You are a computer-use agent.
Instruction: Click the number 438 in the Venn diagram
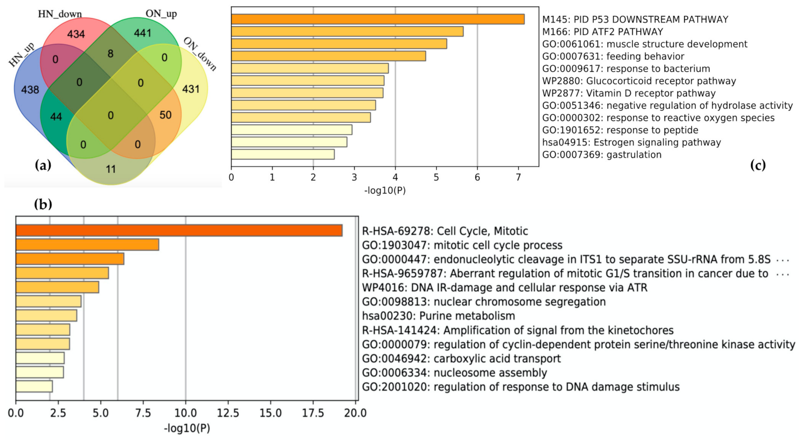point(30,89)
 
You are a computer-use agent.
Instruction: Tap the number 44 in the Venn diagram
point(56,116)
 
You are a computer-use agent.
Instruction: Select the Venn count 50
point(165,115)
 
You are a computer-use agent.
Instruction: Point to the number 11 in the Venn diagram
point(111,169)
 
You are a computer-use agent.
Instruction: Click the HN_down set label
point(60,14)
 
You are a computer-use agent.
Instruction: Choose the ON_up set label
point(161,13)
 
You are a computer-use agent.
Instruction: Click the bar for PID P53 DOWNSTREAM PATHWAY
point(378,19)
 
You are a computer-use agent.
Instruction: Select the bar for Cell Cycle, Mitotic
point(179,231)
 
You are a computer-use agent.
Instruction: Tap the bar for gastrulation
point(283,154)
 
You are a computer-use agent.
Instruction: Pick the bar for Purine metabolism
point(46,316)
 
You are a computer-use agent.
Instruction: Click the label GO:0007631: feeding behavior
point(613,56)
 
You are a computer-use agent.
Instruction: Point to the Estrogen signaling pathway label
point(631,142)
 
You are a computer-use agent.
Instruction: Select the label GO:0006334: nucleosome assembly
point(454,373)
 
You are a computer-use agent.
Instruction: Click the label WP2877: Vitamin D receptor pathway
point(628,93)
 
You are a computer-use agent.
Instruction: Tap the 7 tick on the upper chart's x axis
point(518,177)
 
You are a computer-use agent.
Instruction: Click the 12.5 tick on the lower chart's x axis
point(228,413)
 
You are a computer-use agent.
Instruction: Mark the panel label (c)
point(758,165)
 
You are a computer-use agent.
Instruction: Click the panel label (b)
point(43,204)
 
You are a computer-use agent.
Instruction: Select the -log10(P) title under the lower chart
point(187,428)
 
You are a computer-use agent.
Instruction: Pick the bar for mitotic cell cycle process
point(87,245)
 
